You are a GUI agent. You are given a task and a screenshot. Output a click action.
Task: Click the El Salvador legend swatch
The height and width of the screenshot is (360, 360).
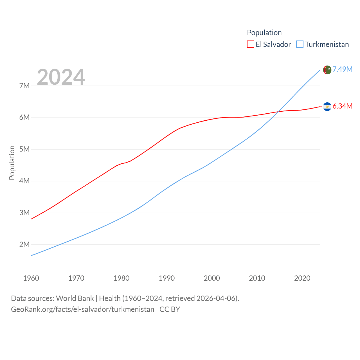tap(251, 44)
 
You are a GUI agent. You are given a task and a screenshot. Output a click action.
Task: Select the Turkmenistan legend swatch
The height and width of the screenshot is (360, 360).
tap(300, 44)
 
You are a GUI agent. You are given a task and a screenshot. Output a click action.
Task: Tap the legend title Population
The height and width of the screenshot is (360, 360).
tap(264, 33)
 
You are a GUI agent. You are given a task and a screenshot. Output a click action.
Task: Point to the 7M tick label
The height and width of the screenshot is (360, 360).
tap(24, 86)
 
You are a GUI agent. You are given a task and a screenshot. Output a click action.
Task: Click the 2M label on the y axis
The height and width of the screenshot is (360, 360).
tap(24, 244)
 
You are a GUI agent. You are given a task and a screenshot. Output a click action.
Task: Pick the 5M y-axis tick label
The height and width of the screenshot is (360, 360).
tap(24, 149)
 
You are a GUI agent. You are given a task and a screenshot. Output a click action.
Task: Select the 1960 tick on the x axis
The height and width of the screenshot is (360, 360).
tap(31, 278)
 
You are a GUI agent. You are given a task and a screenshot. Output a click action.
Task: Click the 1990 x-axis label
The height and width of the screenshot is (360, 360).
tap(167, 278)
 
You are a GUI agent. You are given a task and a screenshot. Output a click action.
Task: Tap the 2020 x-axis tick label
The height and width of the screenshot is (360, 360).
tap(302, 278)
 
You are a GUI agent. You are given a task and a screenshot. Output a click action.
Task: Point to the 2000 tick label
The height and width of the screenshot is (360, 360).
tap(212, 278)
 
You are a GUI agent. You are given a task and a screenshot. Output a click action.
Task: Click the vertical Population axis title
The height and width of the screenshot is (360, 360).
tap(12, 163)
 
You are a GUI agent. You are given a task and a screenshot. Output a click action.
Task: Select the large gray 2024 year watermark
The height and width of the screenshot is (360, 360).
tap(61, 77)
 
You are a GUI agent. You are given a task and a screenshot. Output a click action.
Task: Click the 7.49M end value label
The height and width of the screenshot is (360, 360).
tap(343, 69)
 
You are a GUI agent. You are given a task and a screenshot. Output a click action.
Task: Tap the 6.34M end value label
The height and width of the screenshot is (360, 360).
tap(343, 106)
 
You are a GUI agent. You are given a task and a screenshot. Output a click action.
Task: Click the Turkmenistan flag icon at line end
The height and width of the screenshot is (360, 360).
tap(327, 70)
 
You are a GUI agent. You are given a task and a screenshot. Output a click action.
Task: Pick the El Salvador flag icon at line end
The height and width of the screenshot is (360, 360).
tap(327, 107)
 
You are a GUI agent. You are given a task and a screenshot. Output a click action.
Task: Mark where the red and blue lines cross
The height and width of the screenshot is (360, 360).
tap(278, 112)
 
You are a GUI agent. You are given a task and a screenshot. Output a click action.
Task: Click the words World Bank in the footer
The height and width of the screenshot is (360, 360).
tap(75, 298)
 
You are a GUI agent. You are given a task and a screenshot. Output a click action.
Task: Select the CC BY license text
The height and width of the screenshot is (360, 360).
tap(170, 309)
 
